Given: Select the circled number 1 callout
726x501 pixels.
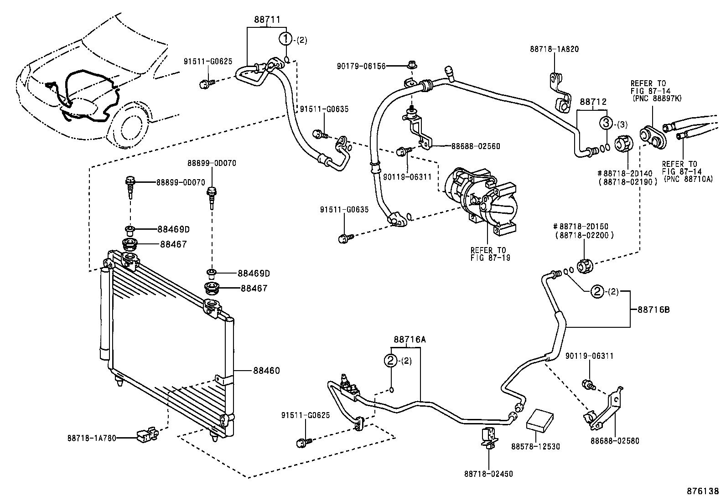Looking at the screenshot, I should [x=285, y=40].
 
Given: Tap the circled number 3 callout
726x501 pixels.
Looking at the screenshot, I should [x=606, y=123].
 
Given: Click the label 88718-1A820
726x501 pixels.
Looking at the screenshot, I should [x=554, y=49].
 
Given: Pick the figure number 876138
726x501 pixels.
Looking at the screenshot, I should [x=703, y=491].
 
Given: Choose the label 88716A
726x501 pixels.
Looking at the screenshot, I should [x=410, y=339].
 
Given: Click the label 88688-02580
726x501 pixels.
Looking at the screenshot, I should [x=615, y=441].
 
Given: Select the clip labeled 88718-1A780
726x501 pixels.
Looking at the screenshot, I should [x=146, y=436].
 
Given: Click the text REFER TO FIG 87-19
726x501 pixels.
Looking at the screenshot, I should [x=490, y=254].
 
